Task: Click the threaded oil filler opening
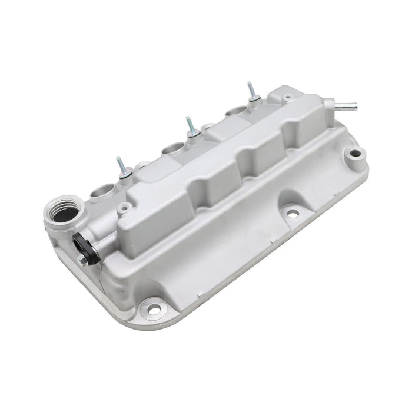(x=62, y=211)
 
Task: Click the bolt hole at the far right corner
(x=355, y=154)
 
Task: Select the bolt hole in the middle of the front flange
(x=293, y=214)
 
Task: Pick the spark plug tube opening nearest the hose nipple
(x=234, y=111)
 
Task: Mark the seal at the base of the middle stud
(x=192, y=135)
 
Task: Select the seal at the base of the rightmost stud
(x=253, y=99)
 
